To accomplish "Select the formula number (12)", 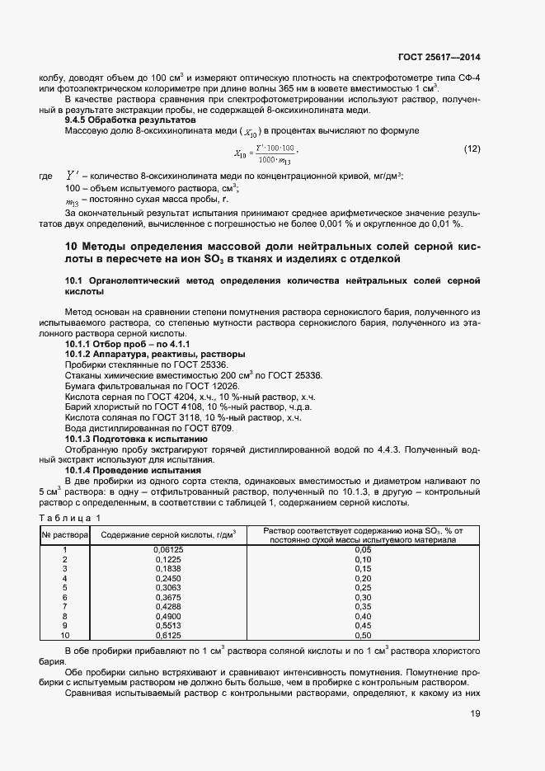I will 472,148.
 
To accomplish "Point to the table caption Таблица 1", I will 69,517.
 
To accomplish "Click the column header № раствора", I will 64,534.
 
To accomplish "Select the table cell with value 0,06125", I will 168,549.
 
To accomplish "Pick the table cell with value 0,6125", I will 168,634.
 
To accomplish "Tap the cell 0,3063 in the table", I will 168,587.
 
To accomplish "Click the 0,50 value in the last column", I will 363,634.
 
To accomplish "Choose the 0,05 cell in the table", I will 363,549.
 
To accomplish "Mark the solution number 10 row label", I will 64,634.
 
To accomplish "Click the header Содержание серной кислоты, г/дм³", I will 168,534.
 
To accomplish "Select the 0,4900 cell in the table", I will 168,615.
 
